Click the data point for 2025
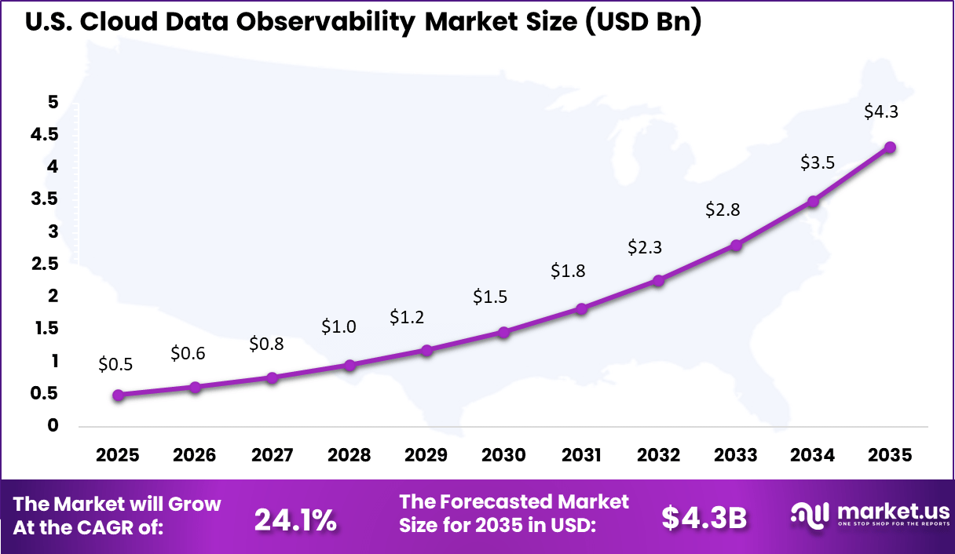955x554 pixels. (x=119, y=395)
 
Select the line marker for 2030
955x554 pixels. (x=504, y=333)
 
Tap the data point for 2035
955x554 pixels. (x=890, y=148)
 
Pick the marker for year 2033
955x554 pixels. (x=736, y=246)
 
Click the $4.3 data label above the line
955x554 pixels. (x=881, y=111)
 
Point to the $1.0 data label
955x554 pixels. (x=338, y=327)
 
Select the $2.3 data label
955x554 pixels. (x=645, y=247)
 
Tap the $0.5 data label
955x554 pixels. (x=115, y=364)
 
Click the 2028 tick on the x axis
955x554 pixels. (x=349, y=456)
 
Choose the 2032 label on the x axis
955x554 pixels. (x=658, y=456)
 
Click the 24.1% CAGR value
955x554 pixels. (x=295, y=518)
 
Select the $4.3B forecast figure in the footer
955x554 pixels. (x=704, y=518)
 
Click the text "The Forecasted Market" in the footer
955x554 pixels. (x=514, y=502)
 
